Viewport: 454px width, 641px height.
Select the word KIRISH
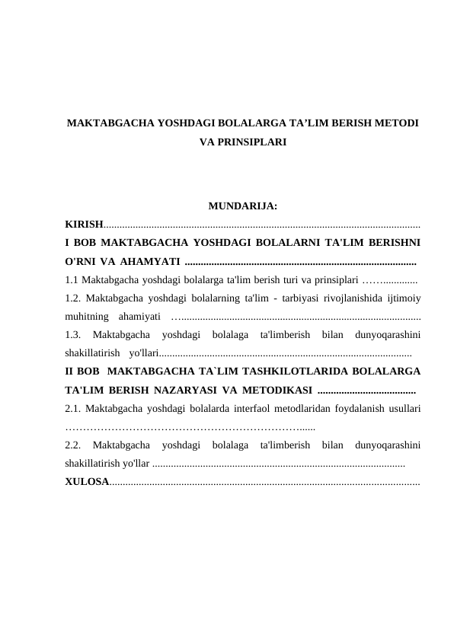(84, 225)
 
